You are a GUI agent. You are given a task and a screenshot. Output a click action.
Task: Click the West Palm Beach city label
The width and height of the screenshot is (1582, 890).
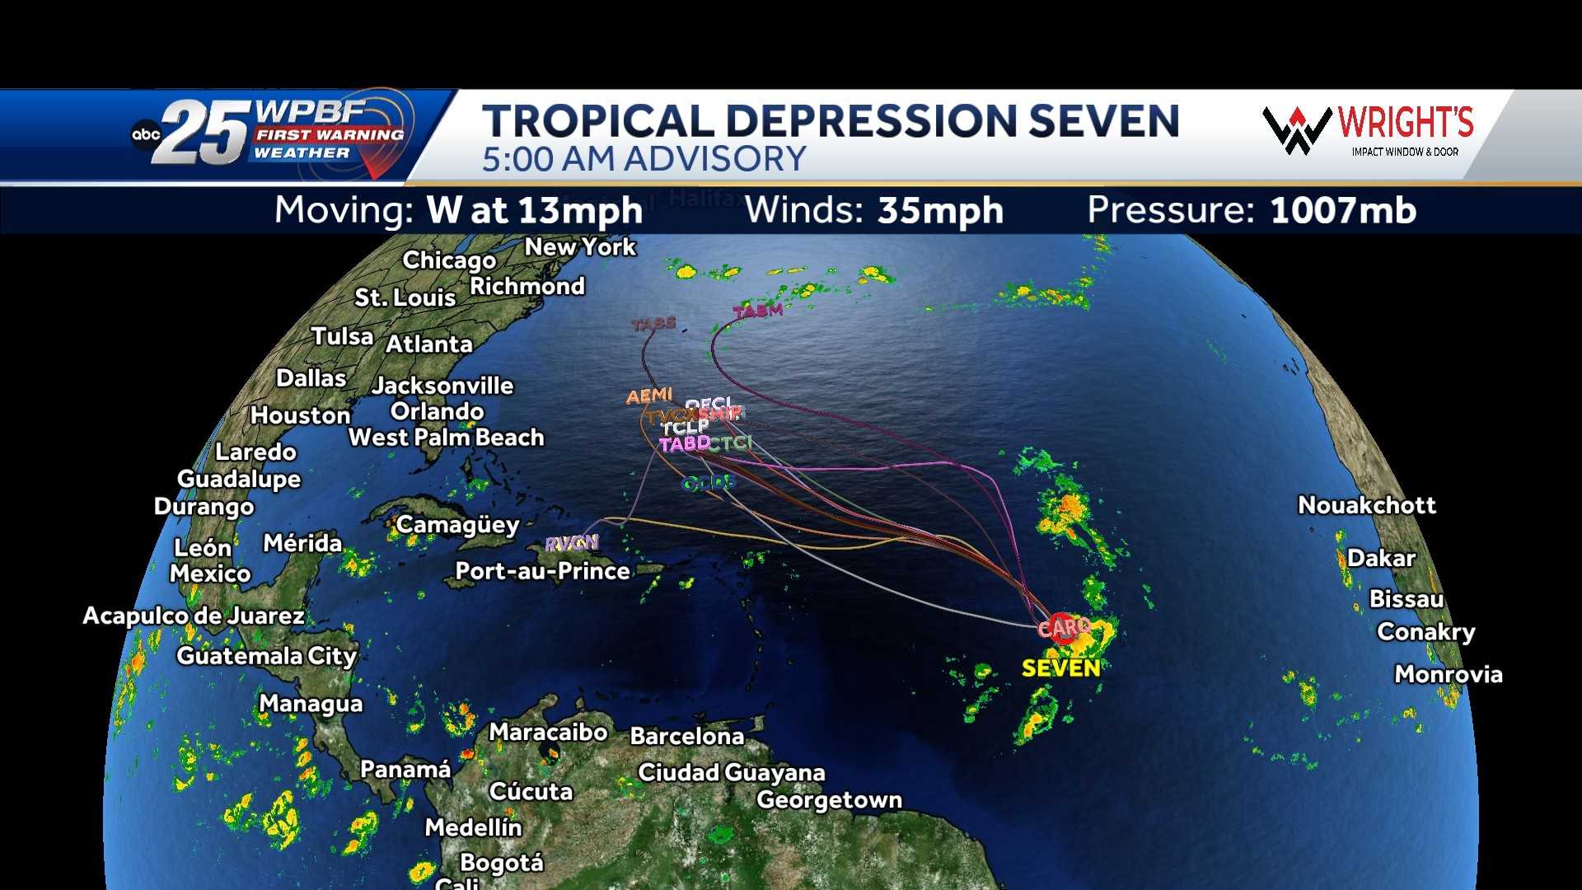[446, 438]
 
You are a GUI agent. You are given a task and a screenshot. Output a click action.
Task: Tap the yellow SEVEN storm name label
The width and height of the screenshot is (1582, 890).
[1060, 667]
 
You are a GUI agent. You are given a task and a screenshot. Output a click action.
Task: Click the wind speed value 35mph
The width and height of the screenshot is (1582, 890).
[940, 211]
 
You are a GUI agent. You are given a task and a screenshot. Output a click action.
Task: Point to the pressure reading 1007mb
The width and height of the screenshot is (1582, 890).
[1342, 211]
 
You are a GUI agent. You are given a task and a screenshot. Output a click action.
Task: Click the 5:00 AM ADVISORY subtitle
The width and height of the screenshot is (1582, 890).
[644, 159]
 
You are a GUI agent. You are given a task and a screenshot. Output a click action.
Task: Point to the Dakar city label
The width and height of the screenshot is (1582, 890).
[1381, 559]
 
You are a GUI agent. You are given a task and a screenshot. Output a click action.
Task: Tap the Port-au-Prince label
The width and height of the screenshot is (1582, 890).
[542, 571]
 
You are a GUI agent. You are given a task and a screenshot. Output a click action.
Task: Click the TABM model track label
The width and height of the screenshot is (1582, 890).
[758, 311]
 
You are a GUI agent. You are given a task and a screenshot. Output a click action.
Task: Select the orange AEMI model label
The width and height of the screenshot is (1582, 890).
[649, 396]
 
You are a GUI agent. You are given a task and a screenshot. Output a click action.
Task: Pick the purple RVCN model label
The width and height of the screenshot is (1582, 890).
[572, 543]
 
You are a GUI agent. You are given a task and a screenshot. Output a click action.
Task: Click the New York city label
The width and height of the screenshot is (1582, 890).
[580, 247]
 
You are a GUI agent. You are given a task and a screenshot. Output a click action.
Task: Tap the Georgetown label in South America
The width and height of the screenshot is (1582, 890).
[829, 800]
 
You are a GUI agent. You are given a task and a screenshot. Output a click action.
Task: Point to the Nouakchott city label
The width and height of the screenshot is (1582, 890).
[1366, 505]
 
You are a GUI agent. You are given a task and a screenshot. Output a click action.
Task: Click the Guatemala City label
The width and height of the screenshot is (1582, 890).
[266, 656]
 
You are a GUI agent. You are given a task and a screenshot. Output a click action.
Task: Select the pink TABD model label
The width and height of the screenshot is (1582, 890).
[684, 444]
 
